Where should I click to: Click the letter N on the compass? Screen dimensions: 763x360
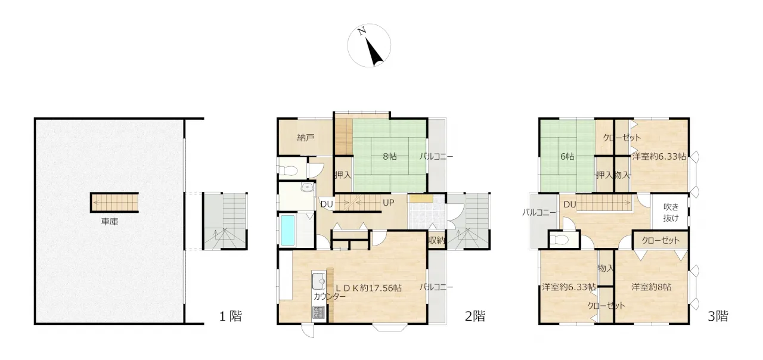(x=362, y=32)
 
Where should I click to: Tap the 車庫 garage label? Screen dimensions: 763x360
(x=110, y=222)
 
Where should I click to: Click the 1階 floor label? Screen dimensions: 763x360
(x=231, y=316)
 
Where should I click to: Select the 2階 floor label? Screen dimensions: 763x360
(x=475, y=316)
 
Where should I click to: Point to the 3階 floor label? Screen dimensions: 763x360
(x=718, y=316)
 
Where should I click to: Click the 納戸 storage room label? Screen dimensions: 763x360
(x=306, y=138)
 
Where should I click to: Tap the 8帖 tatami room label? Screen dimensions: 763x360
(x=390, y=157)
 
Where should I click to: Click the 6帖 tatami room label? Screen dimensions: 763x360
(x=567, y=157)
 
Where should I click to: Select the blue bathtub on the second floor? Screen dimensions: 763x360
(x=288, y=230)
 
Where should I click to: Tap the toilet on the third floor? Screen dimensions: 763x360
(x=559, y=240)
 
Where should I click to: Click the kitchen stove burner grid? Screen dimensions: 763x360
(x=319, y=312)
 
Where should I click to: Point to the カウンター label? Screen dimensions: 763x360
(x=330, y=296)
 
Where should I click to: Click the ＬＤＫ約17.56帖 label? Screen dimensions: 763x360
(x=368, y=288)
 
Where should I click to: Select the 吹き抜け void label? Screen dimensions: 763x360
(x=671, y=212)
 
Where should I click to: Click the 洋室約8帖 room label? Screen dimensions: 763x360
(x=652, y=287)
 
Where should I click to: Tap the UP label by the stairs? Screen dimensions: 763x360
(x=388, y=203)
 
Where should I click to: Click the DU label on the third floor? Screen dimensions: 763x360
(x=570, y=204)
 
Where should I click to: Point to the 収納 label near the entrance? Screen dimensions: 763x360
(x=437, y=240)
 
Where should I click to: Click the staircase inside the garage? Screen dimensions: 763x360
(x=114, y=203)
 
